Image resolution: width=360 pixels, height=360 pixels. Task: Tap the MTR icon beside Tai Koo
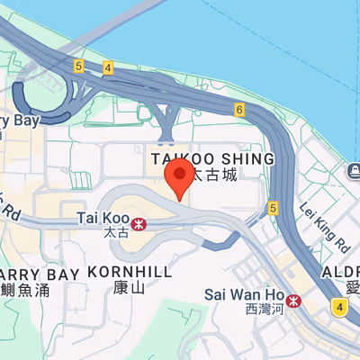coord(139,222)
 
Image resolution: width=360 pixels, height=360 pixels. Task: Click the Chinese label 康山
coord(130,288)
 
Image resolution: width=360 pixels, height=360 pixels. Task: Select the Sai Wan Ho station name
coord(242,294)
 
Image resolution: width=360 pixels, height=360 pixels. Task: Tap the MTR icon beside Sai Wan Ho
coord(294,299)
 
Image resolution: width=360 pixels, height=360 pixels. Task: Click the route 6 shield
coord(238,110)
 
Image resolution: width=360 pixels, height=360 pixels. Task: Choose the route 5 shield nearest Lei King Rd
coord(273,208)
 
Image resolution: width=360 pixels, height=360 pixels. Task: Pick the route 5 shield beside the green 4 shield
coord(78,66)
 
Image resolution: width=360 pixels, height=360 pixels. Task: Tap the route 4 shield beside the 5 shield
coord(107,67)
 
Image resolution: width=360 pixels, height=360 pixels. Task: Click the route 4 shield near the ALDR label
coord(338,308)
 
